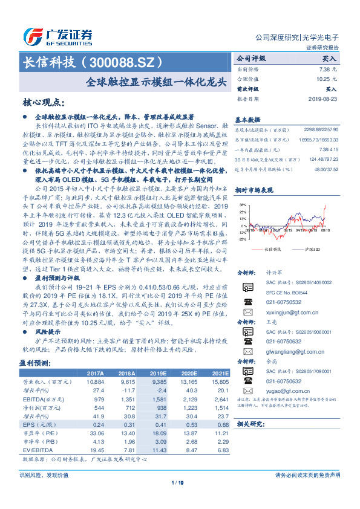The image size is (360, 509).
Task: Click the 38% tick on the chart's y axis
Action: click(x=242, y=205)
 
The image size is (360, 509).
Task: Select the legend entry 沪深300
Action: click(x=309, y=248)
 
